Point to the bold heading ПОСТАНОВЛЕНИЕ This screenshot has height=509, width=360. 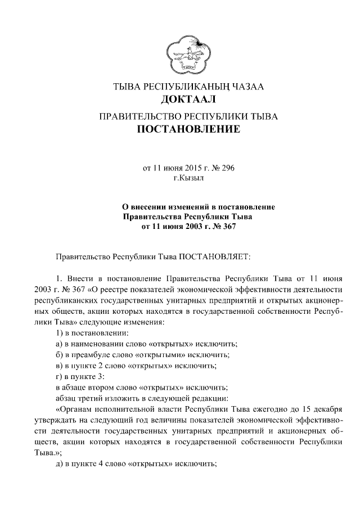click(x=188, y=131)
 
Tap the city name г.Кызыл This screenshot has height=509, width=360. click(x=188, y=178)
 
